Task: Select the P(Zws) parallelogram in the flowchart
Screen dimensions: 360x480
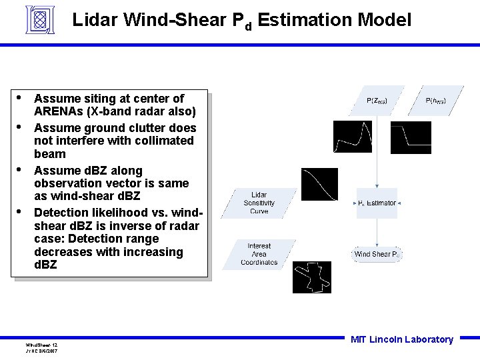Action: click(377, 101)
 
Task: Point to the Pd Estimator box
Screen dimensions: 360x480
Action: click(377, 203)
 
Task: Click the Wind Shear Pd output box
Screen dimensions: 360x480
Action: click(377, 254)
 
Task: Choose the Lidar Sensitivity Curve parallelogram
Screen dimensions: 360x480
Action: click(259, 203)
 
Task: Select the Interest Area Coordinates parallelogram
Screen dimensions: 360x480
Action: click(259, 254)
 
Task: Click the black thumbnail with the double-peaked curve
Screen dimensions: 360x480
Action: click(352, 137)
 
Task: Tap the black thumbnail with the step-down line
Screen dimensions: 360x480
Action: click(411, 137)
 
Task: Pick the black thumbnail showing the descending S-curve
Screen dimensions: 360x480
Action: click(319, 184)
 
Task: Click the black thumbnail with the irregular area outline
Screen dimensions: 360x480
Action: click(311, 277)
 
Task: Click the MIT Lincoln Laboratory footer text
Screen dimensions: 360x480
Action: click(401, 339)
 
